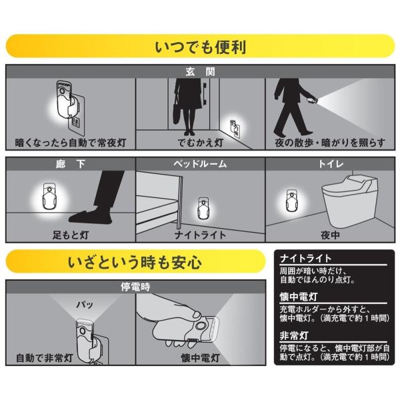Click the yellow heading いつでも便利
point(200,48)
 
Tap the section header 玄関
point(200,71)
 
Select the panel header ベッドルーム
point(200,163)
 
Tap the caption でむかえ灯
point(200,143)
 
